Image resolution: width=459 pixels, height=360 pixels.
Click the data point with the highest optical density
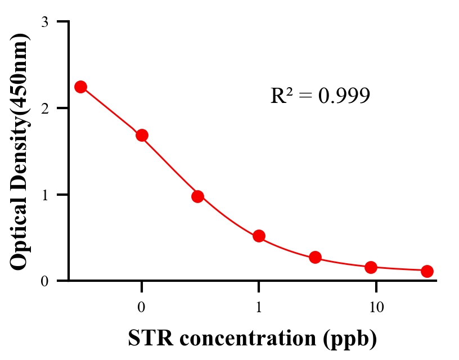pyautogui.click(x=80, y=87)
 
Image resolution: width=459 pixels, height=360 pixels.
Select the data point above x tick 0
pyautogui.click(x=142, y=135)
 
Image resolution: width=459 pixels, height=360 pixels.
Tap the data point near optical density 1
pyautogui.click(x=197, y=196)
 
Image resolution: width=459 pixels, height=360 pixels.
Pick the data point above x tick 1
pyautogui.click(x=259, y=236)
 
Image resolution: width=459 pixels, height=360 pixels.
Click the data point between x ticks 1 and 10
pyautogui.click(x=315, y=257)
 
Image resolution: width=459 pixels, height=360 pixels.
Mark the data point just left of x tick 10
pyautogui.click(x=371, y=267)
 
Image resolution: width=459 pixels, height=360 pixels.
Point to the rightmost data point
pyautogui.click(x=427, y=271)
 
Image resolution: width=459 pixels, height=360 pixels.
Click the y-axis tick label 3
pyautogui.click(x=44, y=22)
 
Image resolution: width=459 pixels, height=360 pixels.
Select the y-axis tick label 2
pyautogui.click(x=44, y=108)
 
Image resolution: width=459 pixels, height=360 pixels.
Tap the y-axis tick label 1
pyautogui.click(x=44, y=195)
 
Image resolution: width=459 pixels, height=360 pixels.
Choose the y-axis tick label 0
pyautogui.click(x=44, y=281)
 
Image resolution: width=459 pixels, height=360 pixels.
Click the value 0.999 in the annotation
pyautogui.click(x=344, y=96)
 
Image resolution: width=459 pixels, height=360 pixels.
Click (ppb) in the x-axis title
pyautogui.click(x=349, y=339)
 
